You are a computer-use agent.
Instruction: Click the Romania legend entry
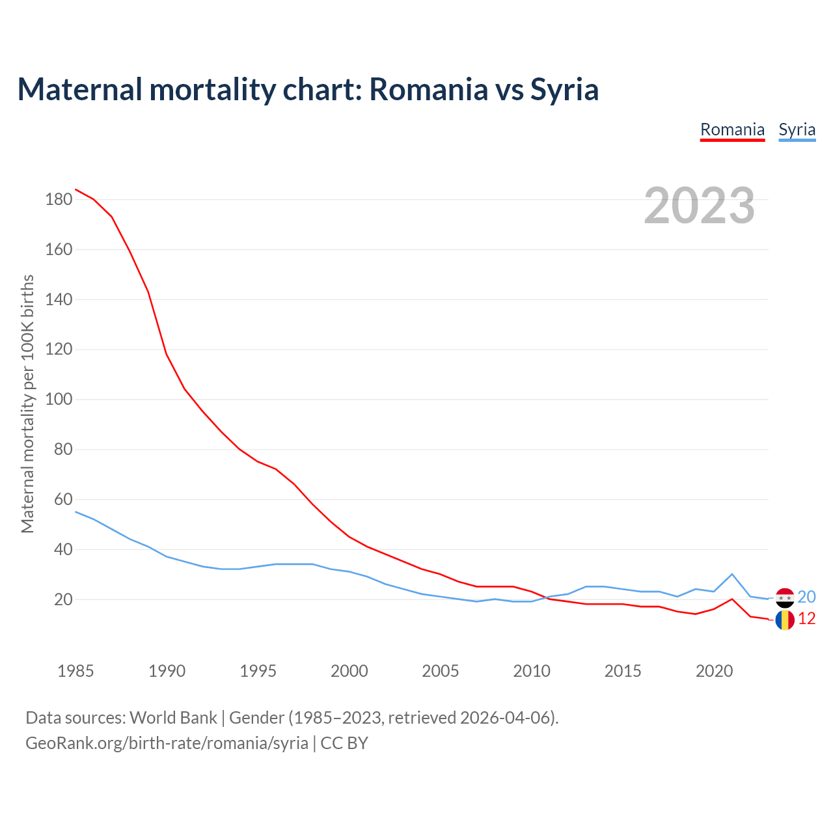coord(732,130)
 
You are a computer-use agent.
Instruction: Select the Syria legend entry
coord(797,130)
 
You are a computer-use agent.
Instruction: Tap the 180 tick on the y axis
coord(59,200)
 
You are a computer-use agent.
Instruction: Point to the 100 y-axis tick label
coord(59,400)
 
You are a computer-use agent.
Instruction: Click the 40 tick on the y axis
coord(62,550)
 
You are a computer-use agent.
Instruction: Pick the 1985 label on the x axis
coord(75,671)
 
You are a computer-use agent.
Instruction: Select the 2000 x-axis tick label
coord(349,671)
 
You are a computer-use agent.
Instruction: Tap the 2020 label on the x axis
coord(714,671)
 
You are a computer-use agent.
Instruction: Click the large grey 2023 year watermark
coord(700,206)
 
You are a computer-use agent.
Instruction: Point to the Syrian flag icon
coord(785,597)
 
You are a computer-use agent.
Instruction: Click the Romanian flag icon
coord(785,620)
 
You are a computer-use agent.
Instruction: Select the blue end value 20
coord(806,597)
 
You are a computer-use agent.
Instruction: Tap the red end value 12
coord(806,619)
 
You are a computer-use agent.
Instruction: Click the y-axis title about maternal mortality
coord(27,403)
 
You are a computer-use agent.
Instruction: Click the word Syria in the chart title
coord(564,89)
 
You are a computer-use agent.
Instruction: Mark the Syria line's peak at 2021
coord(732,574)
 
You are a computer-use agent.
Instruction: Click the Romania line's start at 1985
coord(75,189)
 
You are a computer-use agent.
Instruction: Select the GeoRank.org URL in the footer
coord(167,743)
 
